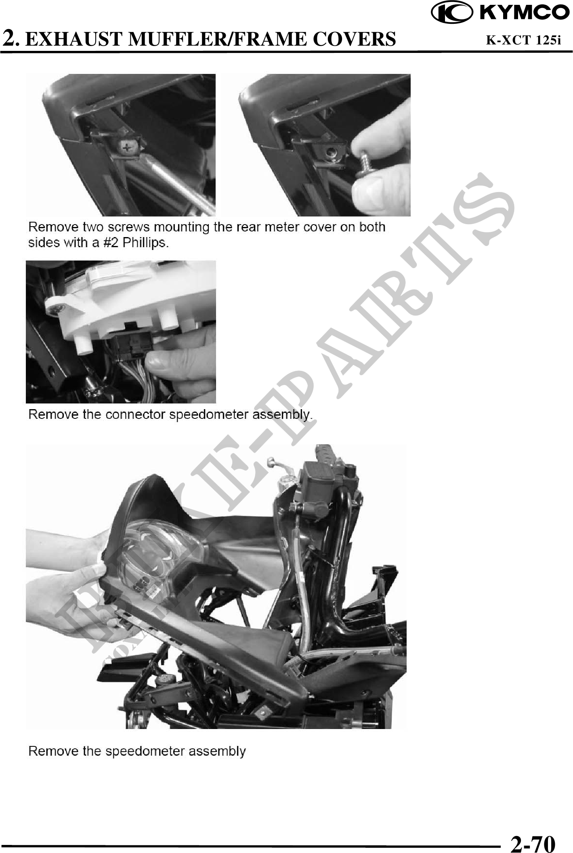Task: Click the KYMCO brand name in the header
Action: pos(524,13)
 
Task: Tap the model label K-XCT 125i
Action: pos(523,40)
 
